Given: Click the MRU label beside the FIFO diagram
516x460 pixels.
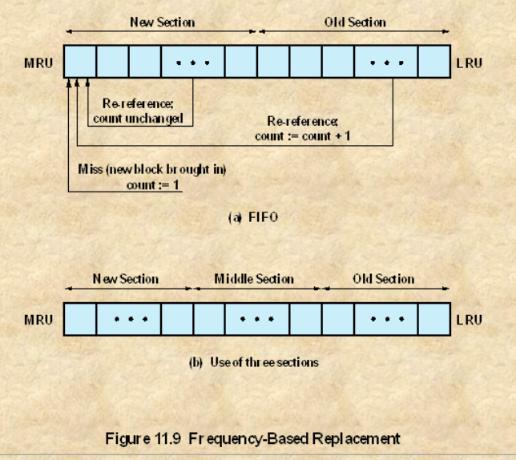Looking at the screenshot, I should tap(38, 62).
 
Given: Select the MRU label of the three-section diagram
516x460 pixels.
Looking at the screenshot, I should tap(38, 320).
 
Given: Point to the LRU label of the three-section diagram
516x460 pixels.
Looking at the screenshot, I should tap(470, 320).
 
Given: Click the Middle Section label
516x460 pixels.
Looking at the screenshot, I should tap(254, 280).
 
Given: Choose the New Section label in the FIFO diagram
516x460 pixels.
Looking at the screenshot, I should tap(162, 22).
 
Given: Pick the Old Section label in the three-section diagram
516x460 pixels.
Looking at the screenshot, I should tap(384, 280).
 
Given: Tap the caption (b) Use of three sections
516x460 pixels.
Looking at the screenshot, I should tap(253, 362).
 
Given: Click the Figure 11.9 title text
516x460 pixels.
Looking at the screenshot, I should tap(253, 438).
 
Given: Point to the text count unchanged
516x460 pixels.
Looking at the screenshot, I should tap(143, 119).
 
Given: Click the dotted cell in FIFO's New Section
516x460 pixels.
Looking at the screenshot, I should tap(192, 62).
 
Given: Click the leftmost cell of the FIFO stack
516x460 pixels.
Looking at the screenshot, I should tap(79, 62).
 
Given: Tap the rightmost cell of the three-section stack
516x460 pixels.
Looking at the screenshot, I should tap(433, 320).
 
